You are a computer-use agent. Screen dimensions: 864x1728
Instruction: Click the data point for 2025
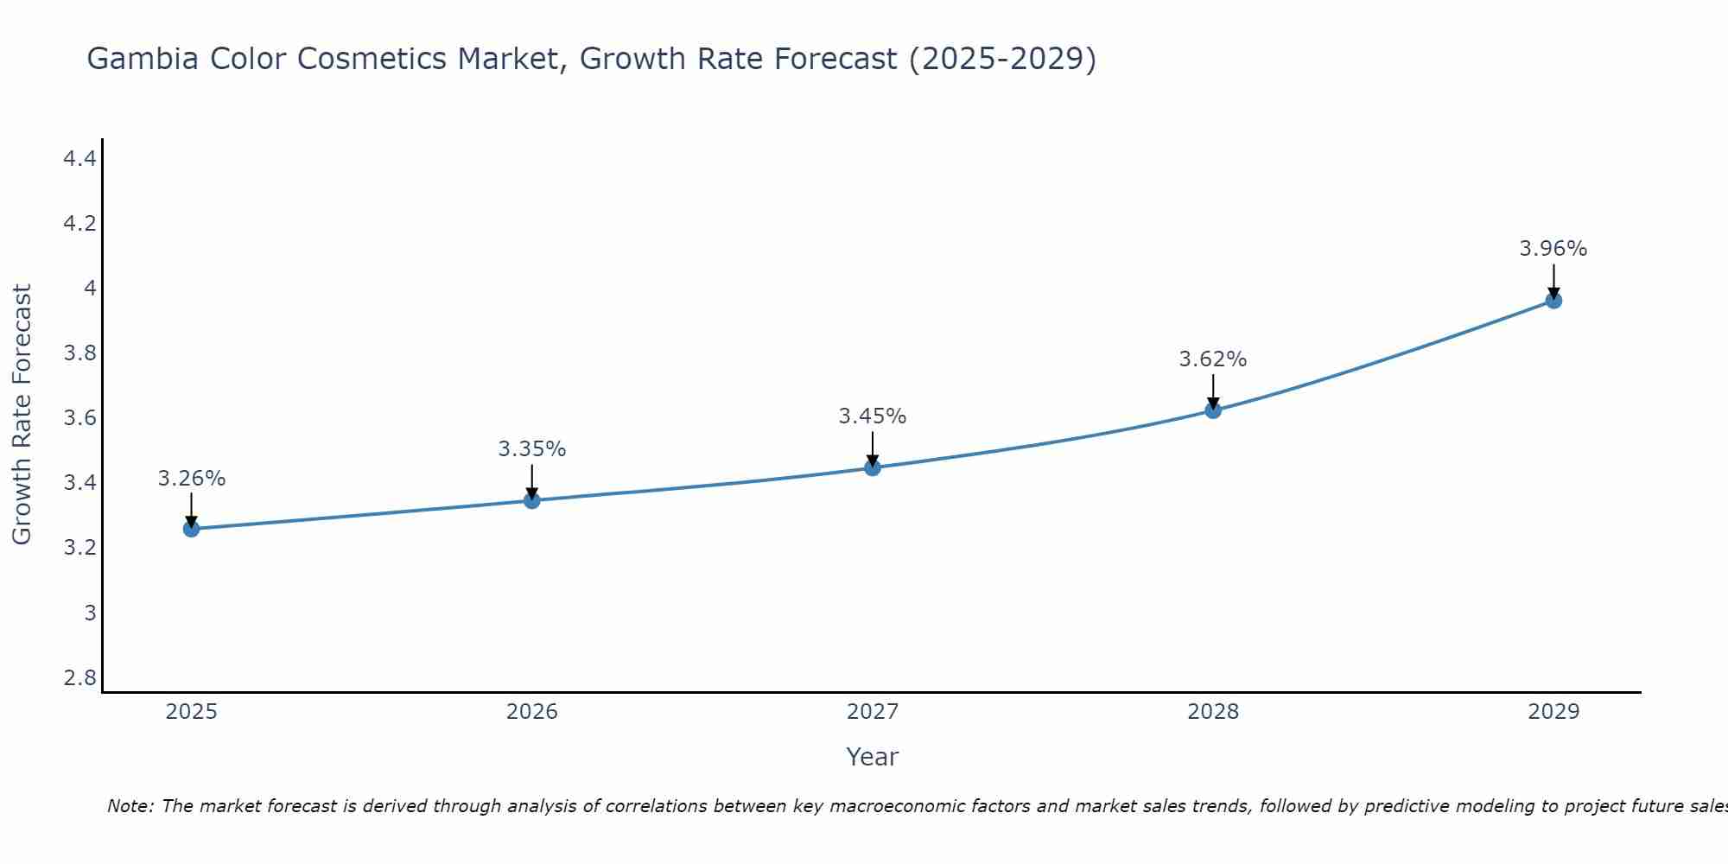click(191, 529)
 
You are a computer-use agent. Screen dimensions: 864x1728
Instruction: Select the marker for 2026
click(532, 500)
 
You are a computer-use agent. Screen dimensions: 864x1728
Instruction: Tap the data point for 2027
click(873, 468)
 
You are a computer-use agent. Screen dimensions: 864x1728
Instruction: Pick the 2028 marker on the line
click(1213, 410)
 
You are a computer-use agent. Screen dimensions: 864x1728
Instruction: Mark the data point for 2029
click(1553, 301)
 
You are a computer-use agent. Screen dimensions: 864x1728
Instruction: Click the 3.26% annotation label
click(192, 479)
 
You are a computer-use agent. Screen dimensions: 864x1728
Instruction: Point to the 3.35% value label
click(532, 449)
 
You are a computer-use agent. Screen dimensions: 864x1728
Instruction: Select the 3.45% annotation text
click(873, 416)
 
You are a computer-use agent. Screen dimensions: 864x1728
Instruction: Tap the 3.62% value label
click(1213, 359)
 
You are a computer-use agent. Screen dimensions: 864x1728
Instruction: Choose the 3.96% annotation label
click(1553, 249)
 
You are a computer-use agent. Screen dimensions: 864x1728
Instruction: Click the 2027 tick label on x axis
click(873, 712)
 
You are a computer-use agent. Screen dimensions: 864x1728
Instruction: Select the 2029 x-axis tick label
click(1553, 712)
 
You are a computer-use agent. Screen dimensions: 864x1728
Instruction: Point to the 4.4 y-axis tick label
click(80, 159)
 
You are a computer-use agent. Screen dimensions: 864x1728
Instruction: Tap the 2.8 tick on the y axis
click(80, 677)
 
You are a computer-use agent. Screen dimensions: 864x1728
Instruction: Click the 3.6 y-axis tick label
click(80, 418)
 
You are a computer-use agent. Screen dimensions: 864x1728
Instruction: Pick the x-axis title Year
click(873, 757)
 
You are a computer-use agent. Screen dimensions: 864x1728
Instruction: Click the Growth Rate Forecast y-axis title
click(22, 415)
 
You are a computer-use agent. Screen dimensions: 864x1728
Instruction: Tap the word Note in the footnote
click(130, 806)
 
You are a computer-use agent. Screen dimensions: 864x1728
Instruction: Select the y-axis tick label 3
click(90, 613)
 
